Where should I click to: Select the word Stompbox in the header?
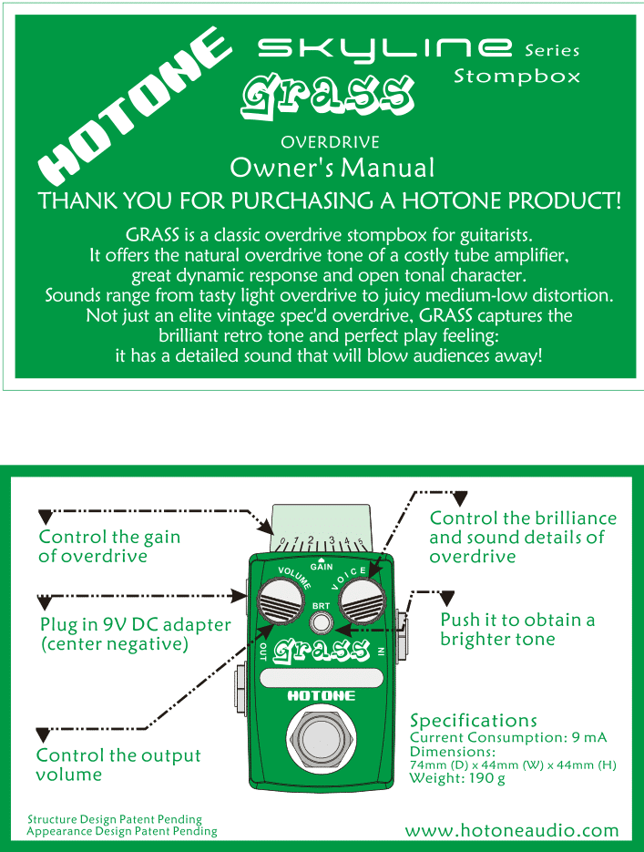pyautogui.click(x=516, y=77)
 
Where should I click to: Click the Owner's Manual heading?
pyautogui.click(x=332, y=168)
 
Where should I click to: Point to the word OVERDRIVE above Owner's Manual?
pyautogui.click(x=330, y=142)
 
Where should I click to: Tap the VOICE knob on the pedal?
pyautogui.click(x=363, y=604)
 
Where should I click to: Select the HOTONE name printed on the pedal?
pyautogui.click(x=321, y=696)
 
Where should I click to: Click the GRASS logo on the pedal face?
pyautogui.click(x=320, y=649)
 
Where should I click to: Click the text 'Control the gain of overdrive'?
pyautogui.click(x=109, y=547)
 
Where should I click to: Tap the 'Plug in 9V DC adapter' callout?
pyautogui.click(x=135, y=635)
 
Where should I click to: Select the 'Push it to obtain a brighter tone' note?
pyautogui.click(x=517, y=630)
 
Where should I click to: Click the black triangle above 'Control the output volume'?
pyautogui.click(x=43, y=734)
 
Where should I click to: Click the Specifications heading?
pyautogui.click(x=474, y=721)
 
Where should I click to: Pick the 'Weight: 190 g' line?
pyautogui.click(x=457, y=778)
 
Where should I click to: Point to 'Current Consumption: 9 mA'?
pyautogui.click(x=508, y=737)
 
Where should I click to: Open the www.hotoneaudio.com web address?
pyautogui.click(x=512, y=830)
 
